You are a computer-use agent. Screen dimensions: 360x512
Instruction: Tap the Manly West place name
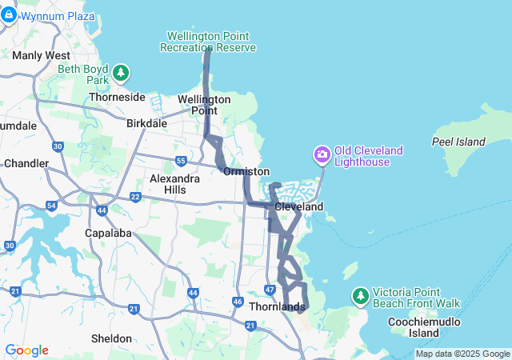[x=41, y=55]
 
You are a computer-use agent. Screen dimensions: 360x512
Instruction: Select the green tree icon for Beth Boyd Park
[x=121, y=74]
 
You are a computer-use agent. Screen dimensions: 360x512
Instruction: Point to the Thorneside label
[x=117, y=97]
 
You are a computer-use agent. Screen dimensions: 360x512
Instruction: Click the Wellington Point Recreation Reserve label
[x=208, y=42]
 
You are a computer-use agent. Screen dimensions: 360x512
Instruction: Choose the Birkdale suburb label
[x=146, y=123]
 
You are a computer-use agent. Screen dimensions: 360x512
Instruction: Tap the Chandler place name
[x=26, y=163]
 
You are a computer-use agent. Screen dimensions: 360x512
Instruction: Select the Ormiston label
[x=246, y=172]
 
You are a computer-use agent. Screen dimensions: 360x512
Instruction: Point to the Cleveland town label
[x=298, y=206]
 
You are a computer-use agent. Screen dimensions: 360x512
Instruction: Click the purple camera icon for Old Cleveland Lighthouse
[x=322, y=154]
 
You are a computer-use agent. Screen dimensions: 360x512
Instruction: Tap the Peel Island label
[x=458, y=142]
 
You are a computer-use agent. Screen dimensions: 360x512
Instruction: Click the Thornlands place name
[x=277, y=306]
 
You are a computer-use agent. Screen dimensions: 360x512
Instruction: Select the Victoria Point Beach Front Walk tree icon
[x=361, y=297]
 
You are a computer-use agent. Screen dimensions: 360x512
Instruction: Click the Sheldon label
[x=111, y=338]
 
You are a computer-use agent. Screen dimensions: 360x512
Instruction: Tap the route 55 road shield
[x=182, y=160]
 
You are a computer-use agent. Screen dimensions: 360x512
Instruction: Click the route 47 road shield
[x=269, y=288]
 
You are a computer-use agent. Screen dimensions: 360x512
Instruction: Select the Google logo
[x=26, y=350]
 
